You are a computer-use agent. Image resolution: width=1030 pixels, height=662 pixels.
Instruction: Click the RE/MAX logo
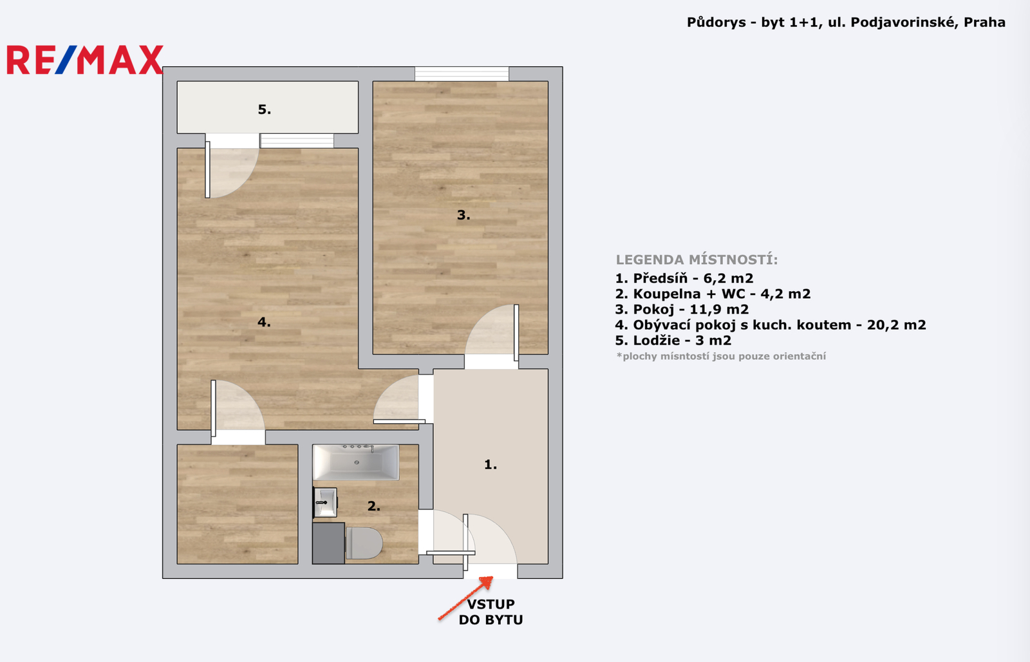(x=85, y=60)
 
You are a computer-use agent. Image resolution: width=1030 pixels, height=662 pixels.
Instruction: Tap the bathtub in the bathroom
(x=356, y=462)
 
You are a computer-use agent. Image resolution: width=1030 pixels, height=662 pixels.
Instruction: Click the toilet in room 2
(x=364, y=544)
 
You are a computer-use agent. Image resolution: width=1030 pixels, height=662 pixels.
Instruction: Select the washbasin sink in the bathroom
(x=325, y=502)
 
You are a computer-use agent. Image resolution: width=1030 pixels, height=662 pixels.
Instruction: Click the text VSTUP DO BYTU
(x=491, y=612)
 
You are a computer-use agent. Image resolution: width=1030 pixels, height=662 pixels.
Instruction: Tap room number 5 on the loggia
(x=265, y=109)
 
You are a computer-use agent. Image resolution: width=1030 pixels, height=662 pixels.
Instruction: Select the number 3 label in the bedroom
(x=464, y=215)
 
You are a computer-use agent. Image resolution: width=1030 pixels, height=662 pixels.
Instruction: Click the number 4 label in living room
(x=264, y=322)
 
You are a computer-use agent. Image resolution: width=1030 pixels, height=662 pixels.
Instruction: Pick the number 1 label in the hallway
(x=491, y=465)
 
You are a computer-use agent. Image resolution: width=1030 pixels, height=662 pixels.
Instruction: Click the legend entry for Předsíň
(x=684, y=278)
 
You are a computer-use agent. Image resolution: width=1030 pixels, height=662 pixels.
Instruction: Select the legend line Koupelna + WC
(x=713, y=294)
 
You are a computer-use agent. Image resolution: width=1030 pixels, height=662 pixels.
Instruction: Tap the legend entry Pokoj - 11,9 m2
(x=682, y=310)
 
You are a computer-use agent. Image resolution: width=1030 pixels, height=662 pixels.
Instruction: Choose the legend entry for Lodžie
(x=673, y=341)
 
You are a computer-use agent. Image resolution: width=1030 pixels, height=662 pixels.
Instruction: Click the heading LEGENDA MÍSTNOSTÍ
(x=697, y=260)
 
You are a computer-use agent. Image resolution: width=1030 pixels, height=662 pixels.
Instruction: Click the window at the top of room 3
(x=462, y=74)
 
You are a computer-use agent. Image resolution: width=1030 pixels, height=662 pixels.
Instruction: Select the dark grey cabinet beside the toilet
(x=329, y=544)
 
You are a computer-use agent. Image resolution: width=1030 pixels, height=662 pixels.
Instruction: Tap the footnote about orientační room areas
(x=721, y=356)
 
